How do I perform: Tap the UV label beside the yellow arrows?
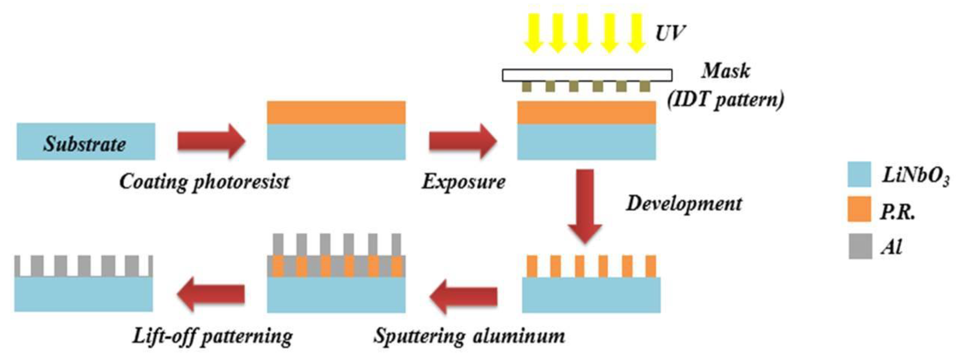(669, 33)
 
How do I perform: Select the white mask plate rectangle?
(587, 75)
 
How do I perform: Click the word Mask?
(725, 70)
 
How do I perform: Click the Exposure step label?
(464, 182)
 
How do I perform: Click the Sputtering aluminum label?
(469, 336)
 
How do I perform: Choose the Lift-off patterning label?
(212, 336)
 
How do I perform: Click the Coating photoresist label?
(204, 182)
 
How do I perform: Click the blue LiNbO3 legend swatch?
(859, 174)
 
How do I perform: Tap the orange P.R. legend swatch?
(859, 209)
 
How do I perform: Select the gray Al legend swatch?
(860, 246)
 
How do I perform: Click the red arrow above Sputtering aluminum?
(463, 297)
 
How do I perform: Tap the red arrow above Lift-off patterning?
(211, 294)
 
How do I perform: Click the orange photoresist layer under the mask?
(586, 113)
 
